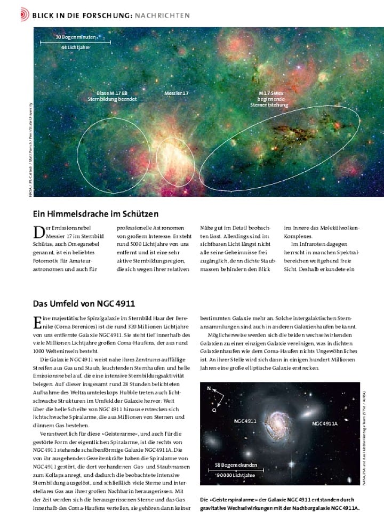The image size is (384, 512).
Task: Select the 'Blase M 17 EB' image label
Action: coord(112,93)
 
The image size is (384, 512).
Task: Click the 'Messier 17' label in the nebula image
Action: coord(177,93)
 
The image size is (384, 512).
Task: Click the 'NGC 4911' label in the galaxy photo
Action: coord(246,421)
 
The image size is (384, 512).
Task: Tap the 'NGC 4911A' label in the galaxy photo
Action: coord(325,423)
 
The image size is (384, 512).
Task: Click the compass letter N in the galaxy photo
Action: coord(210,388)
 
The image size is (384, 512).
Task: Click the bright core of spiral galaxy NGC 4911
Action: coord(279,422)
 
